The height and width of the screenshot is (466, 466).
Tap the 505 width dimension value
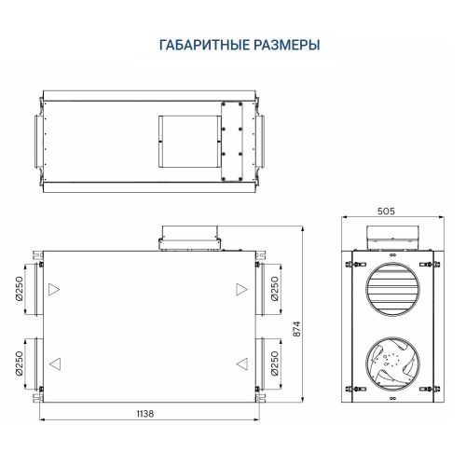[x=387, y=212]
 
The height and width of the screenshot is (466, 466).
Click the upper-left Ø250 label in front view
[x=20, y=292]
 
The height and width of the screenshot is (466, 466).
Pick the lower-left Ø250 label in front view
[x=20, y=364]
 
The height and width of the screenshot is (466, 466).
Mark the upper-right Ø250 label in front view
[x=275, y=291]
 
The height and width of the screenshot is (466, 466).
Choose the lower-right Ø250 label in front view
[x=275, y=363]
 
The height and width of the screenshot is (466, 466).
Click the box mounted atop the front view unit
[x=192, y=236]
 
